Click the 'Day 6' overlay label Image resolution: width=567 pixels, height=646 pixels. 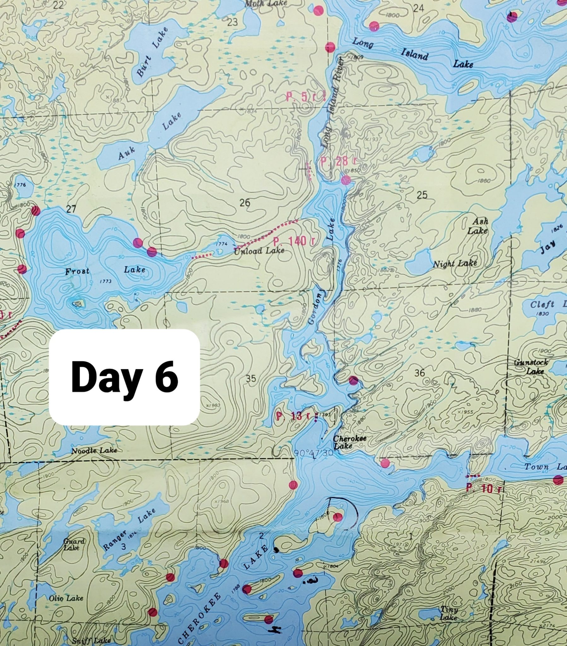[x=124, y=377]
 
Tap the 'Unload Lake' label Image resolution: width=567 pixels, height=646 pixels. [x=259, y=251]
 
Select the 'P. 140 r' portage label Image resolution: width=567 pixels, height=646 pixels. [x=294, y=241]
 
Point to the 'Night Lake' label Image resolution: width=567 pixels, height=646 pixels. [x=454, y=264]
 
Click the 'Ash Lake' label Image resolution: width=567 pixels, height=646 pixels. [x=477, y=226]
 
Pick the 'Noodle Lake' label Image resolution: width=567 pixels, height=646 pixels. [x=94, y=451]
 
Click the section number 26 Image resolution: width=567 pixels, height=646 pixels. [x=245, y=203]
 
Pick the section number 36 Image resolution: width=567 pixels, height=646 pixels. [x=420, y=373]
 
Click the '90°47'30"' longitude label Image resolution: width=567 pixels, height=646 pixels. [x=313, y=453]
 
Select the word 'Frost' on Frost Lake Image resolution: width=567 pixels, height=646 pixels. [x=78, y=271]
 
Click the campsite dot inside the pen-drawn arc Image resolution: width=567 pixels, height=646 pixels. [x=338, y=517]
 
